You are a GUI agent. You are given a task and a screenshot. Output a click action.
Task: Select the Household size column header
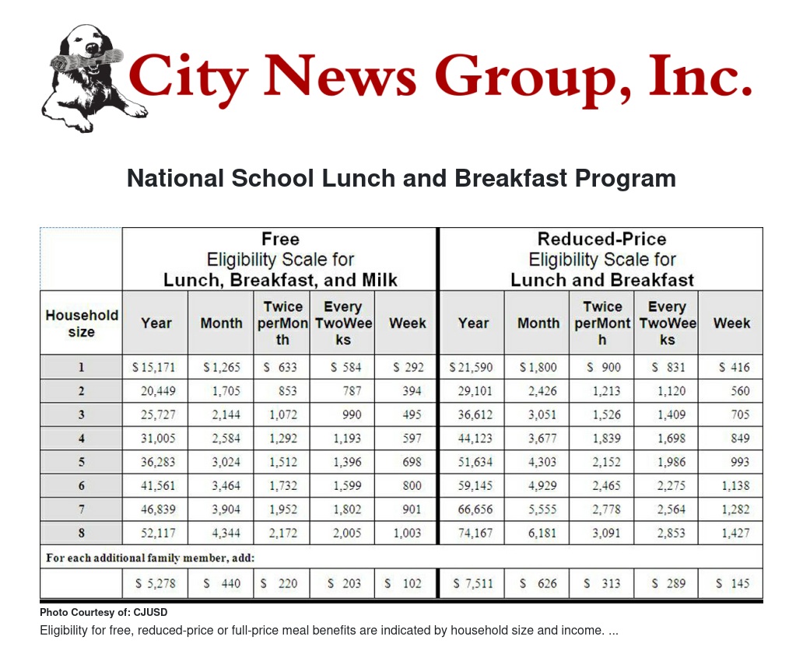[x=81, y=324]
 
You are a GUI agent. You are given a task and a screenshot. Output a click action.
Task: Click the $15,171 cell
[x=154, y=367]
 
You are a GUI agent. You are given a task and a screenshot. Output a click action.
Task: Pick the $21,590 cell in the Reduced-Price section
[x=471, y=367]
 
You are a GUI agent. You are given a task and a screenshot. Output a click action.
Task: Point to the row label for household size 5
[x=81, y=462]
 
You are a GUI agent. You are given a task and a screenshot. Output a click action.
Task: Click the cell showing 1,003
[x=407, y=533]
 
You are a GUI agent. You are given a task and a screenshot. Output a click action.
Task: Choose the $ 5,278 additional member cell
[x=154, y=583]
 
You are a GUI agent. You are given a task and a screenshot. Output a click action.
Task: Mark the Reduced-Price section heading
[x=601, y=259]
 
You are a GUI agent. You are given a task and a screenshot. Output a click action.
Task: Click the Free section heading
[x=280, y=259]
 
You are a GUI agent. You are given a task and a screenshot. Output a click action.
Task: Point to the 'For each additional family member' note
[x=151, y=558]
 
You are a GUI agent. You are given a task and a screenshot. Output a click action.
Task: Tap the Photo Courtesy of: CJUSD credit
[x=103, y=613]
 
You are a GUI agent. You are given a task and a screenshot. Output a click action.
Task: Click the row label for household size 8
[x=81, y=533]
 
